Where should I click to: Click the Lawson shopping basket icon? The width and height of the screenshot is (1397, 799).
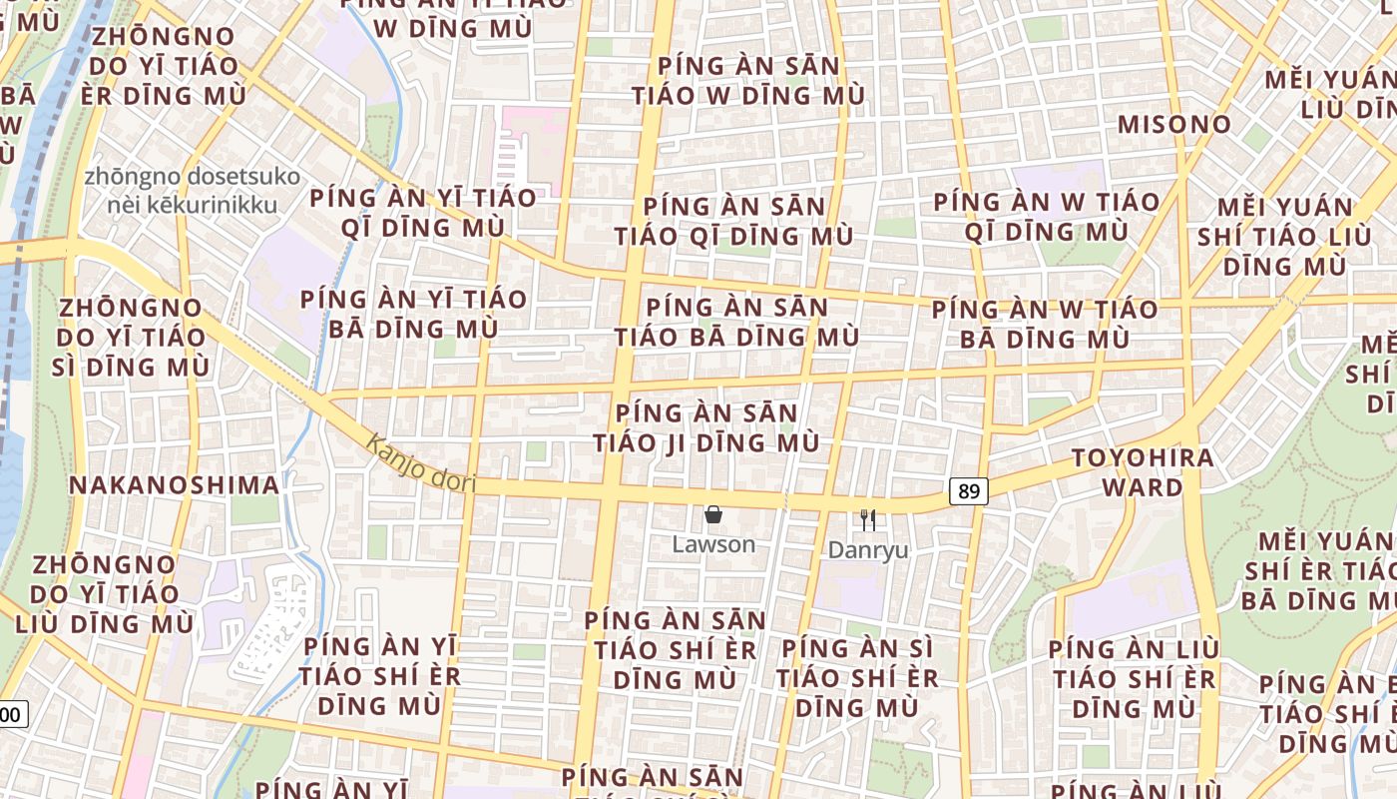point(713,515)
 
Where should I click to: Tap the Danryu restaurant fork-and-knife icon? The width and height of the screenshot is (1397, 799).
point(868,519)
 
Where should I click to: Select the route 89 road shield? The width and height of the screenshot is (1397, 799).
point(968,491)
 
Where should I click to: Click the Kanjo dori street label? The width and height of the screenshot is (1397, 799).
point(419,462)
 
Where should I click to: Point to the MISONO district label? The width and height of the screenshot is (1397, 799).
point(1174,125)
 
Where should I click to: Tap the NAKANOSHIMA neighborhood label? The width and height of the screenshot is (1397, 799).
point(174,485)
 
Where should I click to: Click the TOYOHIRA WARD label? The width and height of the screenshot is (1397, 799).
point(1143,472)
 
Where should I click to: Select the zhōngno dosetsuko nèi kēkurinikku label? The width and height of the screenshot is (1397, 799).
point(193,191)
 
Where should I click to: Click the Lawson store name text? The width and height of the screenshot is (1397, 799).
point(713,545)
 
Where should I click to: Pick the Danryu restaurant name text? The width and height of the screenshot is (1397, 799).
point(868,550)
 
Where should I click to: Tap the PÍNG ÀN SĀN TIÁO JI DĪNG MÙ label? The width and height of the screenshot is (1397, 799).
point(706,427)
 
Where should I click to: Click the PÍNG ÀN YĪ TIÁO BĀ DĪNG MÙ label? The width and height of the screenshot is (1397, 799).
point(413,314)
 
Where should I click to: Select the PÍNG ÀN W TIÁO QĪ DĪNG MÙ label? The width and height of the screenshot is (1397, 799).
point(1047,217)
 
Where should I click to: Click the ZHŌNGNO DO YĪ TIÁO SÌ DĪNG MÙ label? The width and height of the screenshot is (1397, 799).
point(131,337)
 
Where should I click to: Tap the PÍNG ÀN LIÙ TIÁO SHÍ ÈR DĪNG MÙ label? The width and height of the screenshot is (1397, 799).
point(1133,678)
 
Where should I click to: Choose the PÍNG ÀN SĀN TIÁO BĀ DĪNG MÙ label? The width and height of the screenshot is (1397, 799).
point(736,322)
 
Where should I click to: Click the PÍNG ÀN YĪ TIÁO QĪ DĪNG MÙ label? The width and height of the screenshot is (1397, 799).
point(423,212)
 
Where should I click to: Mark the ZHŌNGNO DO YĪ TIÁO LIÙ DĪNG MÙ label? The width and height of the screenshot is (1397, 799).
point(105,593)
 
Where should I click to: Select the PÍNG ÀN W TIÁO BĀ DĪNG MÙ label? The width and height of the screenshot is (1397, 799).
point(1045,324)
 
